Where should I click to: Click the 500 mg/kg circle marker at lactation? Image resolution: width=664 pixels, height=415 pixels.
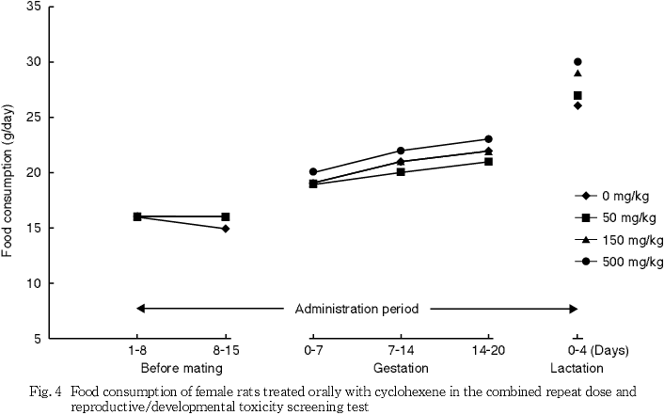click(x=577, y=62)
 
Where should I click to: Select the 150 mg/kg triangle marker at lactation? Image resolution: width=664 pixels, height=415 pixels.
click(x=577, y=73)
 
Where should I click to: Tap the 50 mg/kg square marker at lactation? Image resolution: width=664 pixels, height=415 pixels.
click(x=577, y=95)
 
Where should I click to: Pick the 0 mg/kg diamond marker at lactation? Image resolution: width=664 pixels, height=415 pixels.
click(x=577, y=105)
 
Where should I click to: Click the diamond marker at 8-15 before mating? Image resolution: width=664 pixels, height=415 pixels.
click(x=226, y=228)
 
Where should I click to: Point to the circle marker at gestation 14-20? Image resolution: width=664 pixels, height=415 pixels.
click(x=489, y=139)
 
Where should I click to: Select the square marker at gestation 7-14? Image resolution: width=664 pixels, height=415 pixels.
click(x=402, y=172)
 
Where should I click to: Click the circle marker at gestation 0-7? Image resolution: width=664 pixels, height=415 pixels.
click(x=313, y=172)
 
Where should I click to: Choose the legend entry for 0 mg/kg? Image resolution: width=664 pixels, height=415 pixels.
click(x=616, y=196)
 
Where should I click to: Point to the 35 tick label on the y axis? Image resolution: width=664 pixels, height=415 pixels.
click(x=34, y=8)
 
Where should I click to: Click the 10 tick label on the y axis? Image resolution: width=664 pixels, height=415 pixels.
click(x=34, y=283)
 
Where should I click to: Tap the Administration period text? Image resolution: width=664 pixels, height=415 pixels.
click(x=356, y=308)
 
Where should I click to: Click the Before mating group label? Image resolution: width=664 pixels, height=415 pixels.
click(x=181, y=367)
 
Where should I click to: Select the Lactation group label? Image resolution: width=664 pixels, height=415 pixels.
click(x=577, y=367)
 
